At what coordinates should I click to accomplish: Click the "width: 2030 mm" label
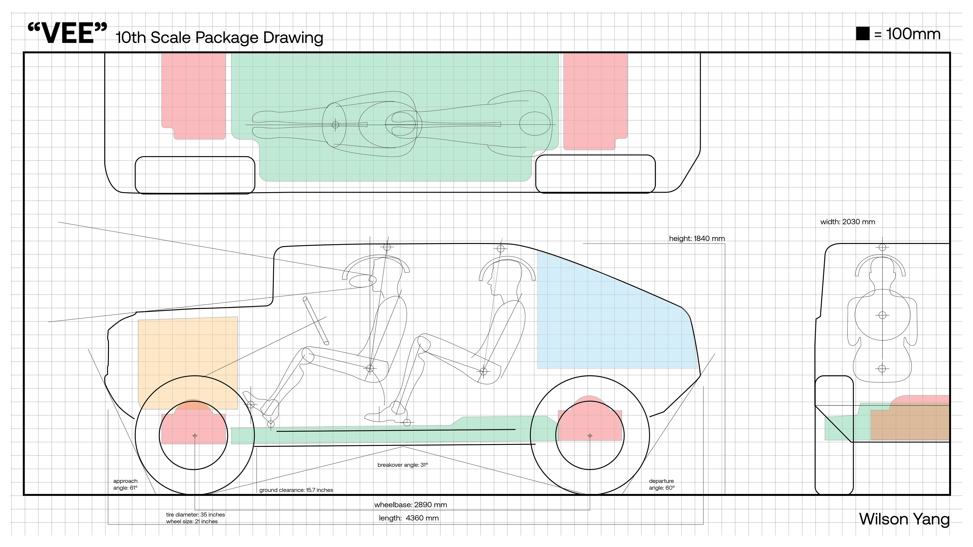coord(847,222)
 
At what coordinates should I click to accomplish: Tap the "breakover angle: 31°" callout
coord(403,465)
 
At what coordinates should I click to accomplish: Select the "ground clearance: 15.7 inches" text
coord(296,490)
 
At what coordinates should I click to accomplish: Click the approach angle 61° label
coord(125,484)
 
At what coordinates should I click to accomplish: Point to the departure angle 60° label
coord(661,484)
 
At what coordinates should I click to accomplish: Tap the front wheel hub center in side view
coord(195,436)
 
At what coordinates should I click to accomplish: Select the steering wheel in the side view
coord(316,321)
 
